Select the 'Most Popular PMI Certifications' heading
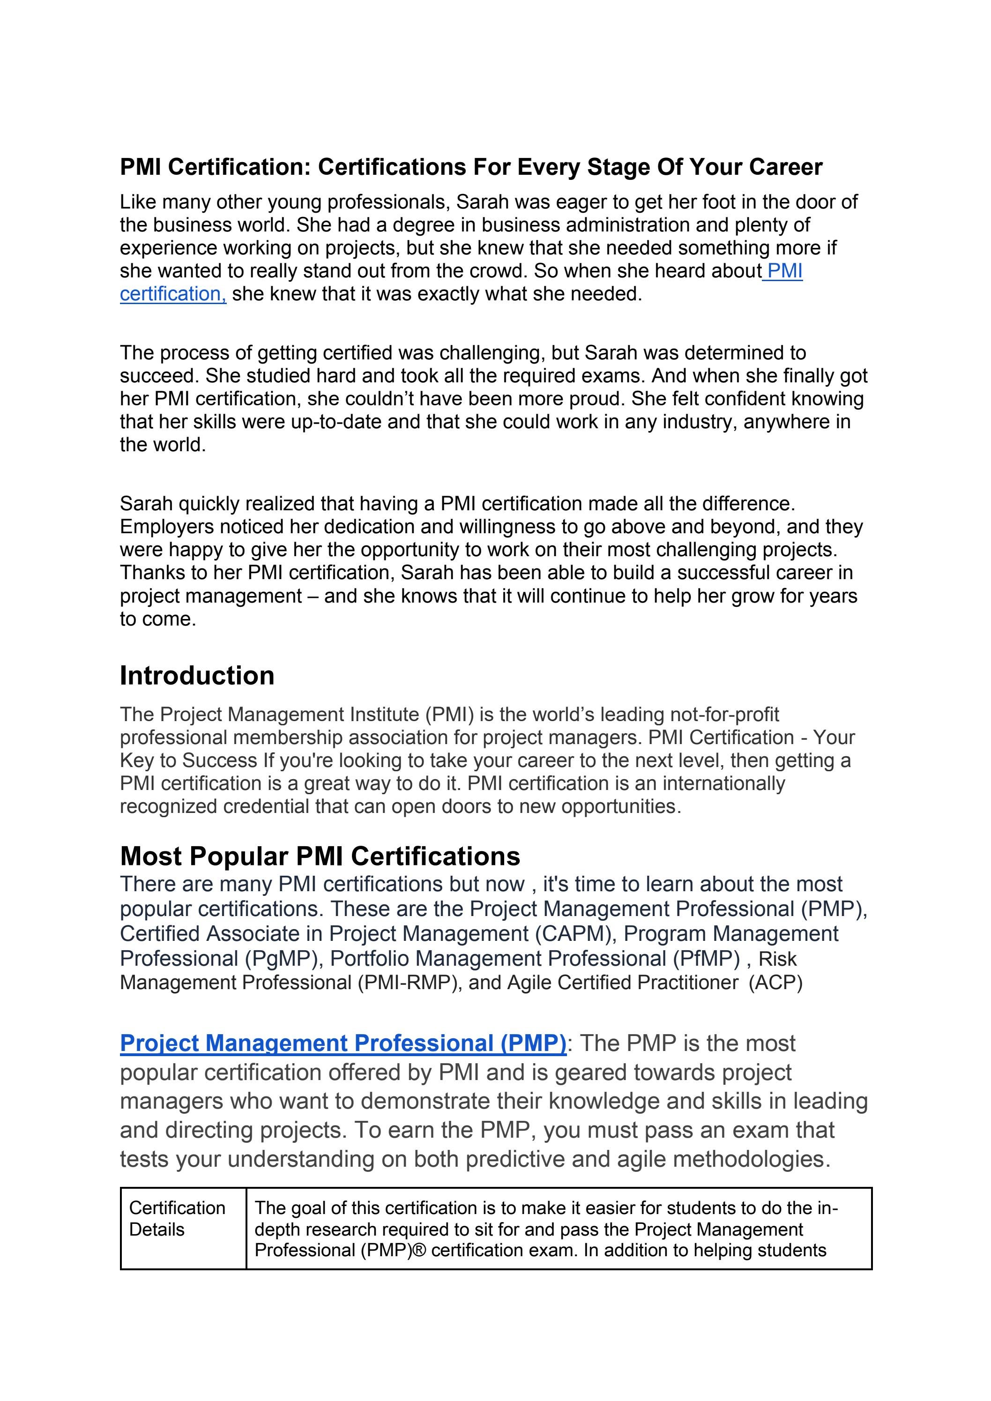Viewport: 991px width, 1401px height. click(320, 856)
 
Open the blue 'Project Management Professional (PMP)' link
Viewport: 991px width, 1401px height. click(343, 1043)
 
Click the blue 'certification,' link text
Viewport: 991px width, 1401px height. click(173, 294)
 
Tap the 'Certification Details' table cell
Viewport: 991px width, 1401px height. click(177, 1219)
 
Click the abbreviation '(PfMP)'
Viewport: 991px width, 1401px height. click(707, 959)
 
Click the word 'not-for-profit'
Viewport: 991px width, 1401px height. click(724, 715)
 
